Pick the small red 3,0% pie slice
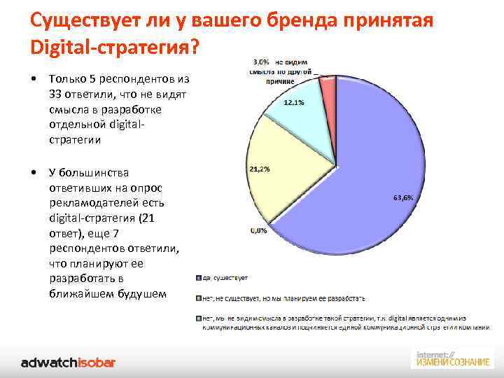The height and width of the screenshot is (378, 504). click(328, 86)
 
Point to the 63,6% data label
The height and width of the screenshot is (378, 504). click(403, 198)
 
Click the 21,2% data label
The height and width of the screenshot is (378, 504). click(260, 169)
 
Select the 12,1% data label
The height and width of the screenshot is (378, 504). click(293, 103)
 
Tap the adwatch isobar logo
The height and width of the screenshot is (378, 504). click(68, 362)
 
